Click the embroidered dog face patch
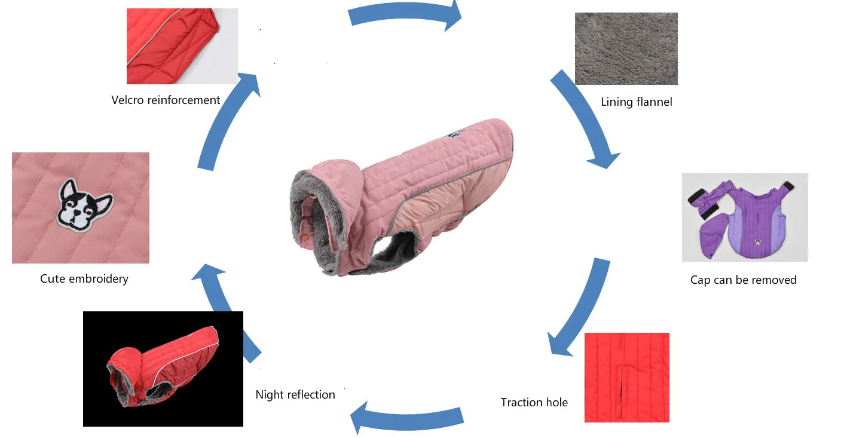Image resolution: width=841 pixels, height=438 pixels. tap(86, 206)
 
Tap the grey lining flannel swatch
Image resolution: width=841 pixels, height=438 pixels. tap(626, 48)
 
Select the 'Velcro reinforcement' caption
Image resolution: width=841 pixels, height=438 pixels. tap(166, 100)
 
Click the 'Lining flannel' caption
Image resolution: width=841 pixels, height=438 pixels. tap(636, 102)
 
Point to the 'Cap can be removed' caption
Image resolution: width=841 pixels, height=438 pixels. tap(743, 280)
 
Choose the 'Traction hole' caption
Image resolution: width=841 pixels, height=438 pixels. tap(534, 402)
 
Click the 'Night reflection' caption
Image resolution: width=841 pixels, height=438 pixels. tap(295, 394)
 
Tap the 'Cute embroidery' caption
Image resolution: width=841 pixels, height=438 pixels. tap(84, 278)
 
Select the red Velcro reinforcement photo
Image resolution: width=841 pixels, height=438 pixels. tap(182, 46)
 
